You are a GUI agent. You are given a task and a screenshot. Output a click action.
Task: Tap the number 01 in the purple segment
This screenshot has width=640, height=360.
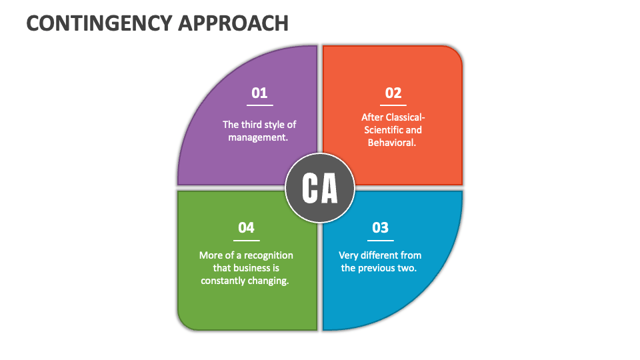[259, 93]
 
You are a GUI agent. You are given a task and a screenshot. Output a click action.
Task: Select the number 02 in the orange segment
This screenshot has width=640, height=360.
[393, 93]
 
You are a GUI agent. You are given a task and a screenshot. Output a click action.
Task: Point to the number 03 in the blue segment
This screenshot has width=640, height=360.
[380, 228]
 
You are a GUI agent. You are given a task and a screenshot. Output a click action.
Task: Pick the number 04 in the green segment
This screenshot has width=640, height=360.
[246, 228]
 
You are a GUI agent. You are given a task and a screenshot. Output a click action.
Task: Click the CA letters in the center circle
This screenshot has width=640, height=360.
[320, 189]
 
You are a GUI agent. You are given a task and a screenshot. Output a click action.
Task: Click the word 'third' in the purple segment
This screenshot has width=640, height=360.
[254, 125]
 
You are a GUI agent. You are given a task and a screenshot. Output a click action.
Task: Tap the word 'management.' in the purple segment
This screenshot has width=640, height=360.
[258, 137]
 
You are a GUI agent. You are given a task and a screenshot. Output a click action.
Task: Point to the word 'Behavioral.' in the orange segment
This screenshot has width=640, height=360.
[392, 143]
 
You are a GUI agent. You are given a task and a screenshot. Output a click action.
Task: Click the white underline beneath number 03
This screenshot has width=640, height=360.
[380, 240]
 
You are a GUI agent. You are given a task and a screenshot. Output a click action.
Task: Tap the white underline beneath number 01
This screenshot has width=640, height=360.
[259, 105]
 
